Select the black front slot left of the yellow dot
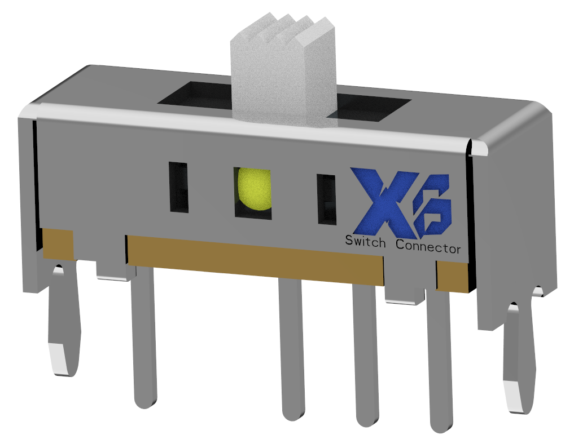pyautogui.click(x=178, y=188)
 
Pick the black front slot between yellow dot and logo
pyautogui.click(x=326, y=199)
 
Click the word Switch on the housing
pyautogui.click(x=365, y=242)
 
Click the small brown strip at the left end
pyautogui.click(x=58, y=244)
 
